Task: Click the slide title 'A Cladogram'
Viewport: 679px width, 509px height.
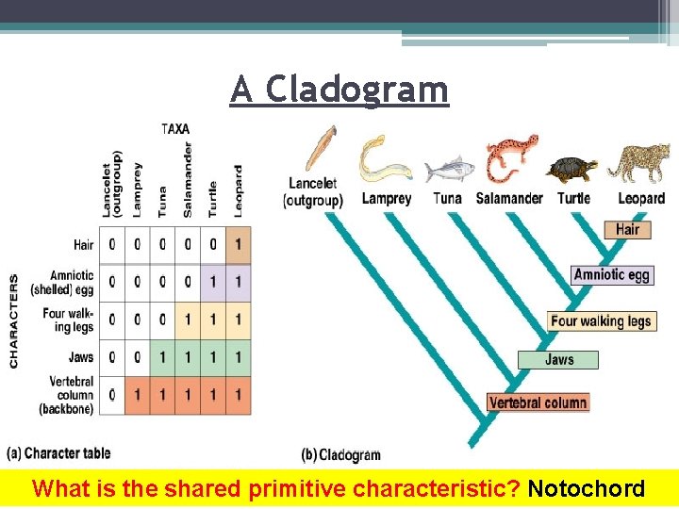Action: (x=339, y=90)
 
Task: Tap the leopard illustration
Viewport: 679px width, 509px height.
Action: (x=638, y=162)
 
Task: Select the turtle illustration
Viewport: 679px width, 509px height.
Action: (x=571, y=170)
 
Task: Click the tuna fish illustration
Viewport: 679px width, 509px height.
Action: (x=447, y=170)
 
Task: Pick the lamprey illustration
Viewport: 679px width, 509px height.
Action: (x=383, y=160)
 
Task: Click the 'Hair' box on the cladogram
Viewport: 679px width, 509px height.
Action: (x=627, y=229)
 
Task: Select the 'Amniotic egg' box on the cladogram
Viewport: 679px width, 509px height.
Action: (x=612, y=275)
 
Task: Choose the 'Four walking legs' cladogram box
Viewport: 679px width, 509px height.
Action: (x=601, y=321)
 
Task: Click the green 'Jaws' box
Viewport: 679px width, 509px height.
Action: (x=558, y=359)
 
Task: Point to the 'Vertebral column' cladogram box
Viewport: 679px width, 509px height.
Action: (x=538, y=402)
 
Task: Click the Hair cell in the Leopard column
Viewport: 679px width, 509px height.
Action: (x=239, y=244)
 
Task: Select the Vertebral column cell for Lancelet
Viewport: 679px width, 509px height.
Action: (x=113, y=395)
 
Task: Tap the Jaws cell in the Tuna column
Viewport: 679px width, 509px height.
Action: (x=162, y=357)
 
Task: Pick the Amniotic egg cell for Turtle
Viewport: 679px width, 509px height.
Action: (x=213, y=282)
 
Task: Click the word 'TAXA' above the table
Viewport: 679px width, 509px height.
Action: (x=176, y=128)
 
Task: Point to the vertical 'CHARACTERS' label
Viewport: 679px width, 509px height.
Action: (x=14, y=321)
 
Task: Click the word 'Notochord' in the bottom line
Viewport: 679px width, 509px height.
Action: (x=587, y=489)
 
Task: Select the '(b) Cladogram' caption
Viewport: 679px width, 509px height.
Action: (x=340, y=455)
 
